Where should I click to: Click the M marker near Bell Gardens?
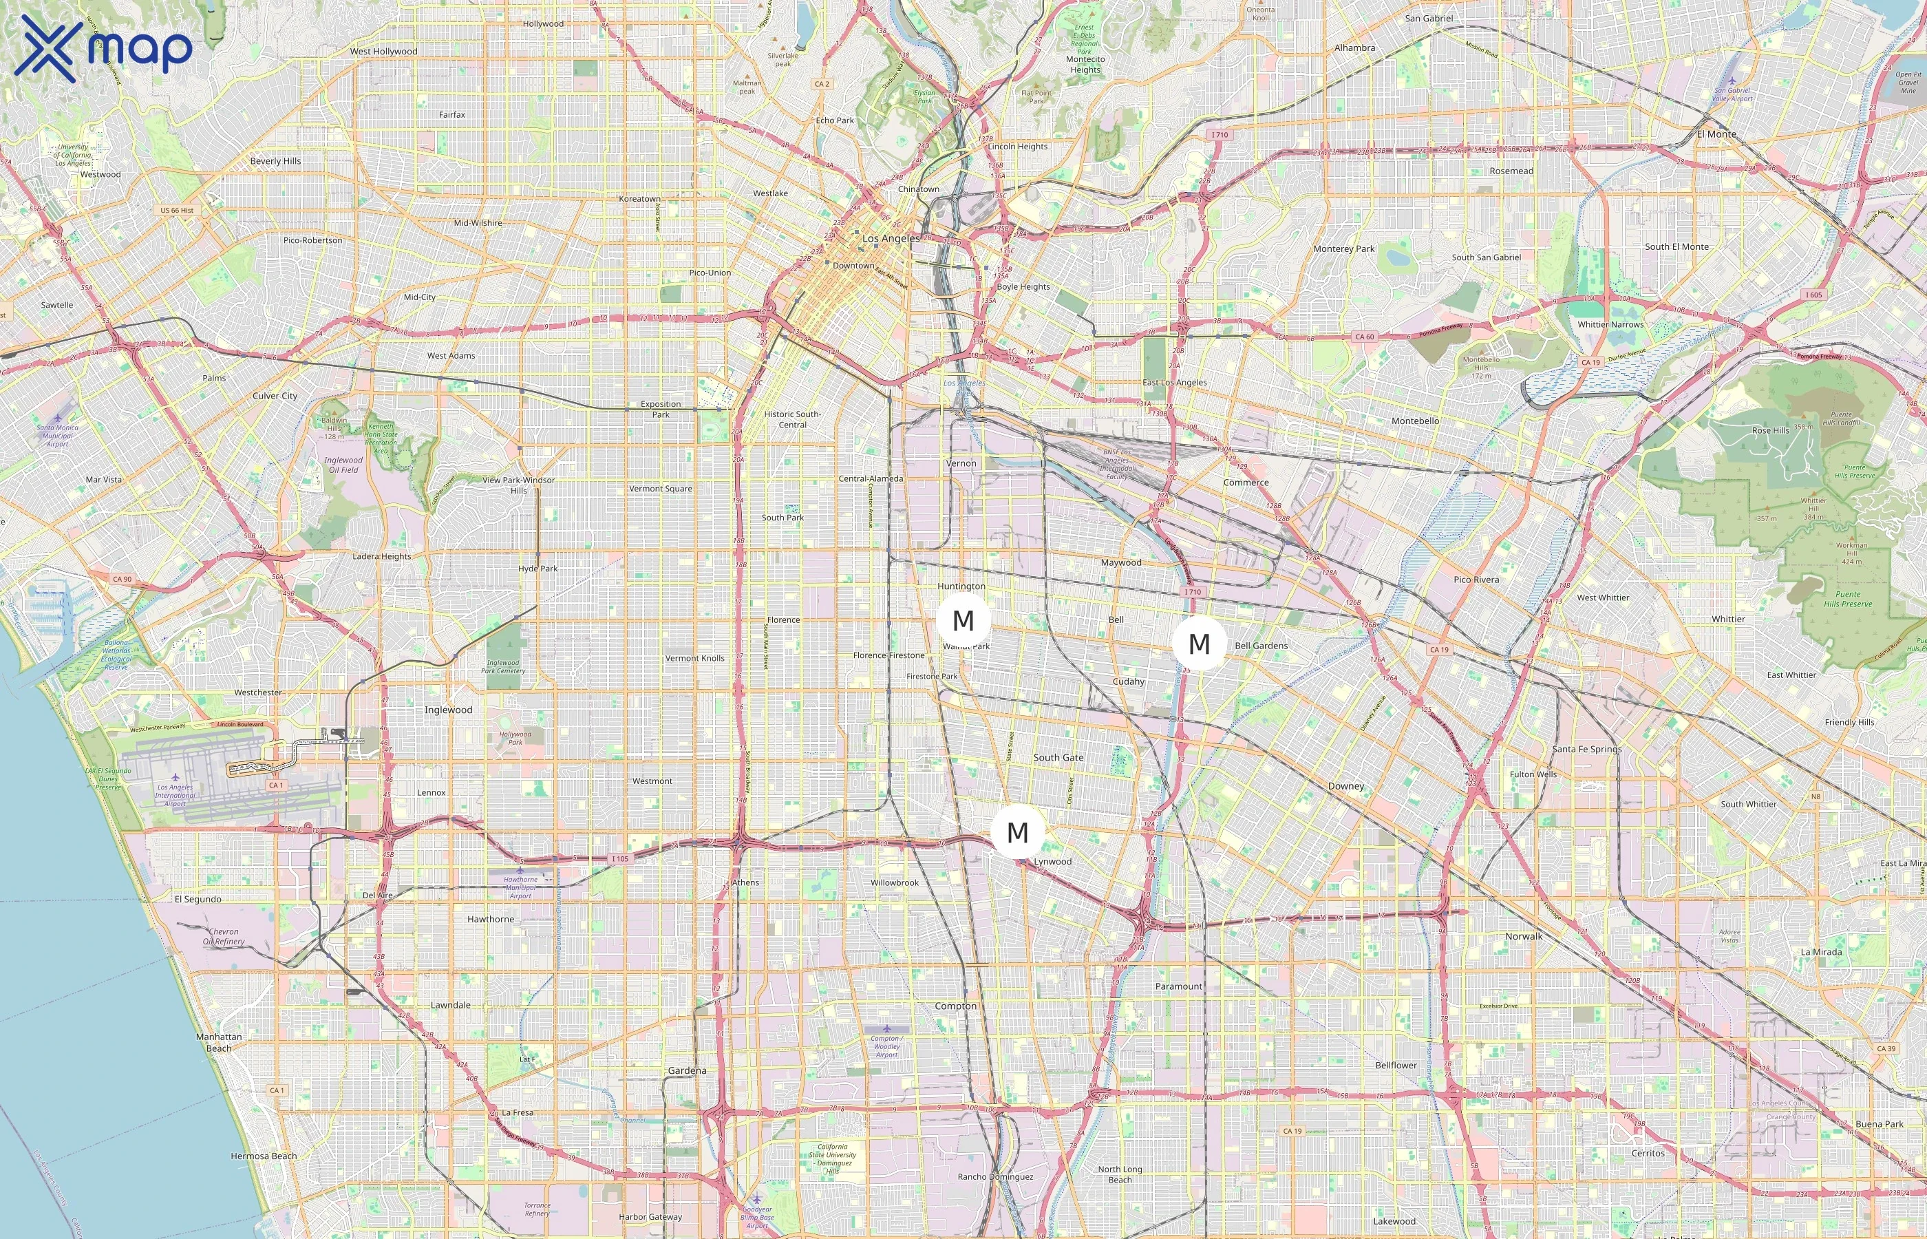(1198, 644)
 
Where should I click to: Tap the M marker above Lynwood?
(1017, 832)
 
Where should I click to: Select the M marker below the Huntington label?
(963, 620)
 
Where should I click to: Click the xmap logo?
(103, 48)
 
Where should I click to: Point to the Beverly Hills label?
(275, 161)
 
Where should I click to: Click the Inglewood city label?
(448, 710)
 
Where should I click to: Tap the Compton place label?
(955, 1006)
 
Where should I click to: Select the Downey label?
(1345, 786)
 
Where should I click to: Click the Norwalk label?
(1523, 935)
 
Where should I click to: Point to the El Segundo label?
(198, 900)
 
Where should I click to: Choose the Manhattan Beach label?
(219, 1042)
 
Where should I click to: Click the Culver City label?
(275, 396)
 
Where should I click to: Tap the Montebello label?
(1416, 421)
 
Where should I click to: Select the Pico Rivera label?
(1476, 580)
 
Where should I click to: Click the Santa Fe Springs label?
(1586, 749)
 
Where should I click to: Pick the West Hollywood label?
(383, 52)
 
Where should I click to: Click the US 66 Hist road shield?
(177, 210)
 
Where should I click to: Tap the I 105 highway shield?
(619, 858)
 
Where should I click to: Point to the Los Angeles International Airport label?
(175, 795)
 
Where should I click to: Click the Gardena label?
(687, 1070)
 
